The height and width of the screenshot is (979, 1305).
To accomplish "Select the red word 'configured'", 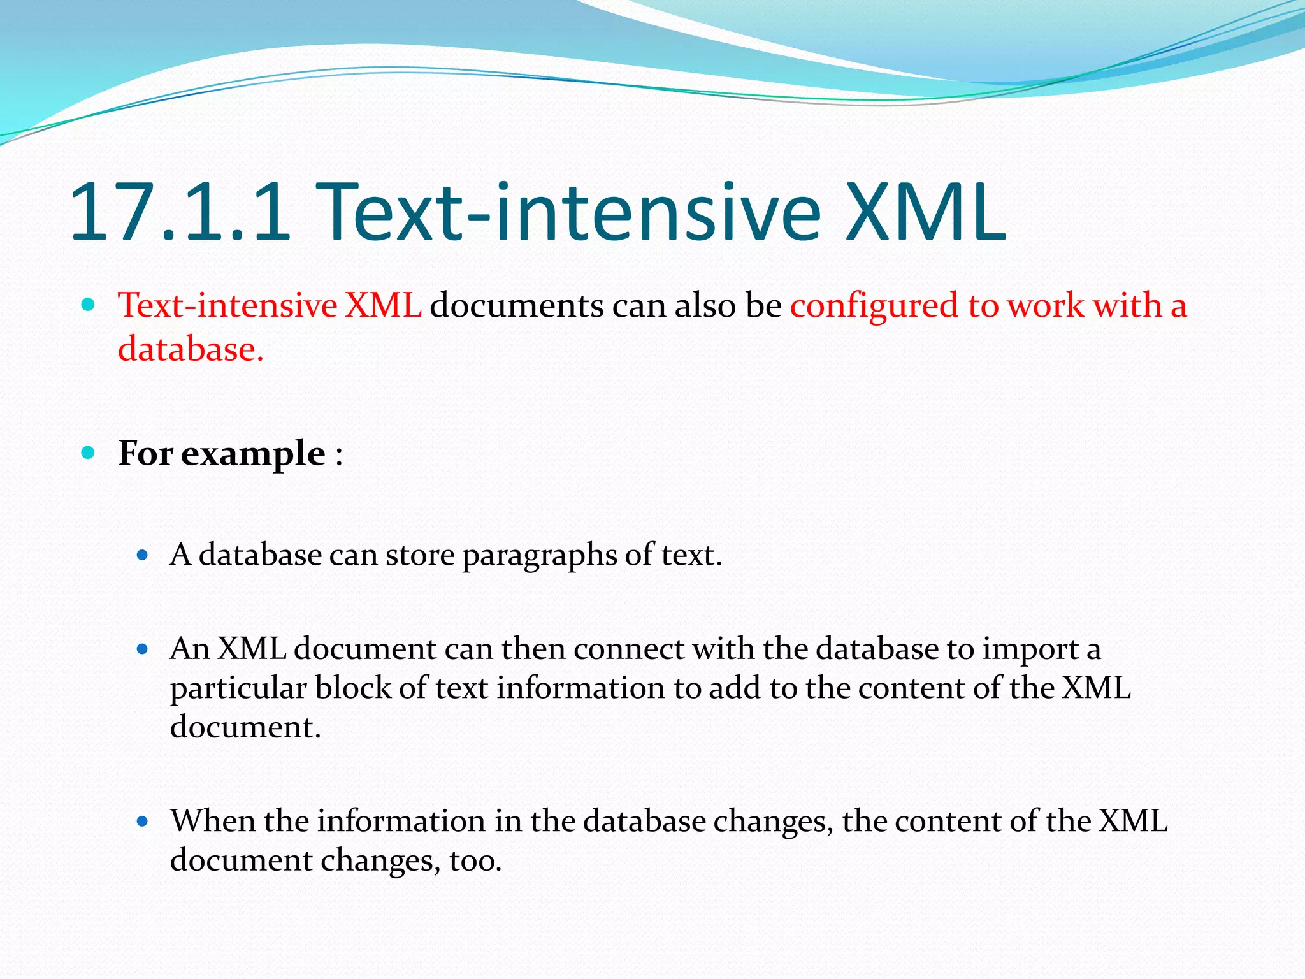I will (x=874, y=307).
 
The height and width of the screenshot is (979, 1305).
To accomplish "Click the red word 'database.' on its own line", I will (x=191, y=349).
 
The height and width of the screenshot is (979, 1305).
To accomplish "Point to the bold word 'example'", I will (x=253, y=454).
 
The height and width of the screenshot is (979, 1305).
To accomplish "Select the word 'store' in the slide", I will (x=420, y=555).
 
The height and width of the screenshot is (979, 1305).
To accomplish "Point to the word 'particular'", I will (x=238, y=689).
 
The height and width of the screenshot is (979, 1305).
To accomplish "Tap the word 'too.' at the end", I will (x=475, y=860).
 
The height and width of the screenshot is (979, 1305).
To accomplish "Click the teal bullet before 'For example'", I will (x=89, y=453).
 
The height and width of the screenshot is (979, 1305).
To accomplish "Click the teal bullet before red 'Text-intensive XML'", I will (x=89, y=305).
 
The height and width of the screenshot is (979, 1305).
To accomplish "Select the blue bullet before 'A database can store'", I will (x=143, y=555).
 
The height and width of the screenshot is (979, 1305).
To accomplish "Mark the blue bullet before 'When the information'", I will (x=143, y=822).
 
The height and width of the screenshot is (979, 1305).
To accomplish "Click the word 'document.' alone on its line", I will (x=245, y=727).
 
